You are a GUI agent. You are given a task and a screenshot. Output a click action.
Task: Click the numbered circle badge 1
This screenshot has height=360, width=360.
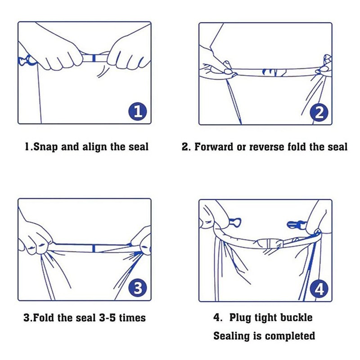point(138,112)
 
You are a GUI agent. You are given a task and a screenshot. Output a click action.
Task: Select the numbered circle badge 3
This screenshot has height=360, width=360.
point(138,288)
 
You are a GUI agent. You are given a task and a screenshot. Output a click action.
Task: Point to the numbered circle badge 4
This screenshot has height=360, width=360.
point(319,288)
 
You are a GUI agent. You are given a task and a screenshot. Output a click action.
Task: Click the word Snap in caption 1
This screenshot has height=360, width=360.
point(45,147)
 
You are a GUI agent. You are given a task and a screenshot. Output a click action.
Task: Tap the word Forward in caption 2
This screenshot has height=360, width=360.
point(214,147)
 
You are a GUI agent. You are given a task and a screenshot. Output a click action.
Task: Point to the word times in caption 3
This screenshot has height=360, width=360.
point(132,318)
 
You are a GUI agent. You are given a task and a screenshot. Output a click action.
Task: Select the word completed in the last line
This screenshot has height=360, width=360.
point(290,336)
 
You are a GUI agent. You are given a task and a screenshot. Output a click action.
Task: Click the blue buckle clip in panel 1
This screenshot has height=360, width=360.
point(25,60)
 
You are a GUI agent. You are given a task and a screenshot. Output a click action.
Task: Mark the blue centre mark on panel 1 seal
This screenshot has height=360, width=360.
point(94,58)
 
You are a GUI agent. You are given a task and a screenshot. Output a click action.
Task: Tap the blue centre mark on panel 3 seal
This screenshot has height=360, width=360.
point(94,248)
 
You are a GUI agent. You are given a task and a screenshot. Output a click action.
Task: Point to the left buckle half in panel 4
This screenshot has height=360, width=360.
point(235,222)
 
